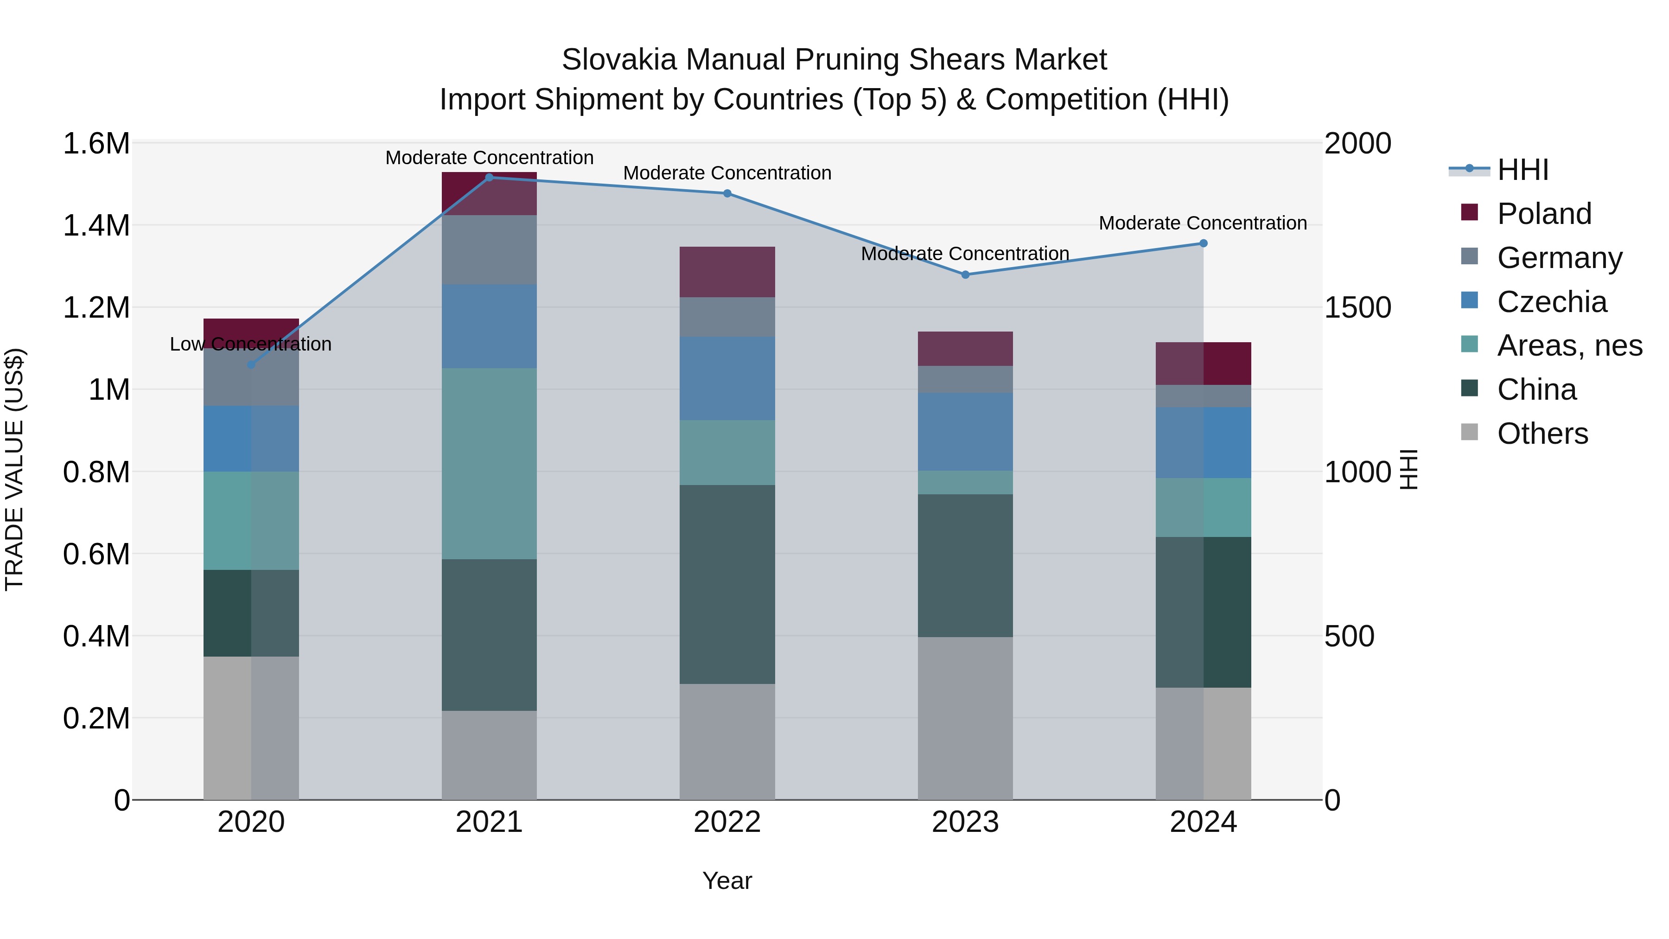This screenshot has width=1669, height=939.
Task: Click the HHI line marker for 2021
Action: pyautogui.click(x=489, y=178)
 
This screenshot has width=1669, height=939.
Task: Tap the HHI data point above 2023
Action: pyautogui.click(x=965, y=275)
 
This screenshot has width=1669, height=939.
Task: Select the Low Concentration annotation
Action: pyautogui.click(x=251, y=344)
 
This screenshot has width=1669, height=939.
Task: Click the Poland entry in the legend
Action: pyautogui.click(x=1544, y=214)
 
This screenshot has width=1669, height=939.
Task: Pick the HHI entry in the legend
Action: pyautogui.click(x=1522, y=170)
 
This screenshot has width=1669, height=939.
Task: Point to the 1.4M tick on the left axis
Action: pyautogui.click(x=96, y=225)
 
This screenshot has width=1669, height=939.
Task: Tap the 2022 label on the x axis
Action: pyautogui.click(x=727, y=822)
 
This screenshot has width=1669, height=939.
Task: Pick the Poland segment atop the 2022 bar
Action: pyautogui.click(x=727, y=272)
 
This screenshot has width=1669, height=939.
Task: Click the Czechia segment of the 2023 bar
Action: pyautogui.click(x=965, y=432)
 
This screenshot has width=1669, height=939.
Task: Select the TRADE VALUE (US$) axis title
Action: pyautogui.click(x=14, y=470)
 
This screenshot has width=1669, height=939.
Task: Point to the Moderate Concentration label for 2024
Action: pyautogui.click(x=1203, y=223)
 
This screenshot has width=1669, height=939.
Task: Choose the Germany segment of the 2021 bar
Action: pyautogui.click(x=489, y=249)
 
